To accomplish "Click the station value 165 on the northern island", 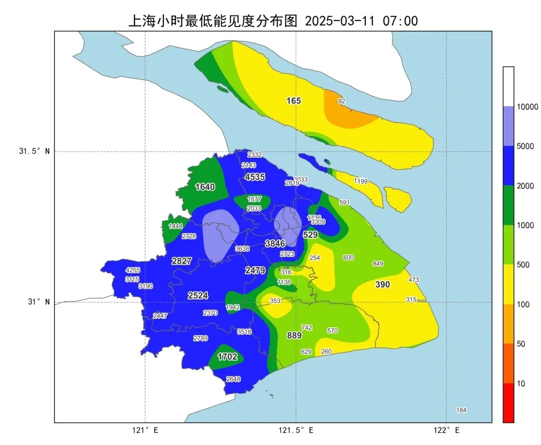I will tap(294, 101).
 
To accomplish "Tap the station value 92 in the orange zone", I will tap(342, 101).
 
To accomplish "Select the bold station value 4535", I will tap(255, 177).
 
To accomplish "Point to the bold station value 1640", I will tap(205, 187).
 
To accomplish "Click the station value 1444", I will tap(175, 226).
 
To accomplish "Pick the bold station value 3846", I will tap(275, 244).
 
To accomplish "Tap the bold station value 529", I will tap(311, 235).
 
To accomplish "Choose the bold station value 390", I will tap(383, 284).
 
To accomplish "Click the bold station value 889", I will tap(294, 335).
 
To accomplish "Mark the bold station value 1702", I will tap(227, 357).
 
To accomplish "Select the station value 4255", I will tap(133, 270).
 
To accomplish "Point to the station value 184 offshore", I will tap(461, 410).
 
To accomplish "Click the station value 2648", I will tap(233, 379).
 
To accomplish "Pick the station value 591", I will tap(344, 203).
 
